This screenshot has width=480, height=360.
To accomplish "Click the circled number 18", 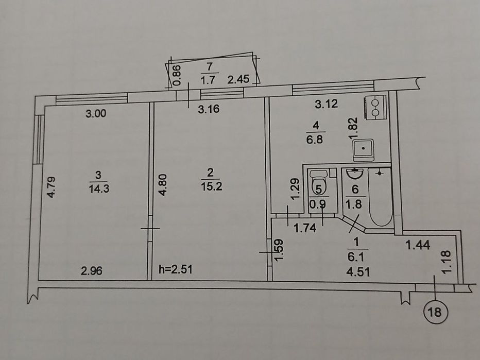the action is (x=435, y=312).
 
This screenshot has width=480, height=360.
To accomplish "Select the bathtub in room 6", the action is (x=381, y=197).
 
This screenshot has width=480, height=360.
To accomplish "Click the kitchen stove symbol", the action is (x=375, y=107).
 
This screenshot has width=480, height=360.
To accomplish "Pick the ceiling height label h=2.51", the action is (x=176, y=269).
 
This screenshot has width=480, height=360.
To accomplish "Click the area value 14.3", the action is (x=99, y=188).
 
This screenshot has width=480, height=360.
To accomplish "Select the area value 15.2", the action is (x=212, y=186).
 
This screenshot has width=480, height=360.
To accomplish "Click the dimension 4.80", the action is (x=163, y=185).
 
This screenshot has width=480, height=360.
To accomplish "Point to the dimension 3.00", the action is (x=96, y=114).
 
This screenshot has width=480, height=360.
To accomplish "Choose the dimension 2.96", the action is (x=92, y=270).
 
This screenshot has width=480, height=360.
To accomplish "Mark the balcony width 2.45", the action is (x=238, y=79).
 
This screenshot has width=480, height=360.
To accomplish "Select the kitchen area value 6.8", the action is (x=315, y=140).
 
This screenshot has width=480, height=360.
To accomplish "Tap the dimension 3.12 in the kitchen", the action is (x=327, y=104).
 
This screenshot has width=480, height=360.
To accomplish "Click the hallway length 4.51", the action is (x=358, y=271).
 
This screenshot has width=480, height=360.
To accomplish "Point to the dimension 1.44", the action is (x=418, y=245).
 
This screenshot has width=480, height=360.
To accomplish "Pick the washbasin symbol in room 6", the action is (x=354, y=174).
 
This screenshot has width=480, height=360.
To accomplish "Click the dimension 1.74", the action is (x=304, y=228).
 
